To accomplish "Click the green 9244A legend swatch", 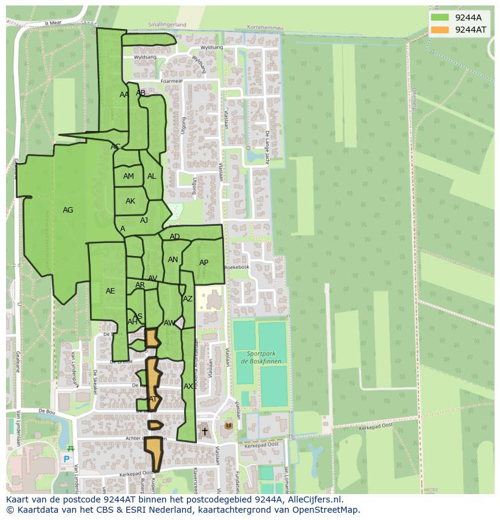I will (x=440, y=18).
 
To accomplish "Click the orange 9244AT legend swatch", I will (x=440, y=30).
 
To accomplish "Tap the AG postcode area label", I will (x=68, y=210).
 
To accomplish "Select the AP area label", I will (x=204, y=263).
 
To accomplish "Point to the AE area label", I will (x=110, y=291).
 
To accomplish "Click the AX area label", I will (x=188, y=387).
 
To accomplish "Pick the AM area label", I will (x=129, y=176).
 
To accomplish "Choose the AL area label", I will (x=152, y=176).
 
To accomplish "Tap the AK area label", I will (x=130, y=201).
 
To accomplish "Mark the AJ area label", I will (x=144, y=220).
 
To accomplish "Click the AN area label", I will (x=173, y=260).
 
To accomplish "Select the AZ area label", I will (x=188, y=299).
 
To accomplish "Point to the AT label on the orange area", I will (x=153, y=399).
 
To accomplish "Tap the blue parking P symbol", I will (x=66, y=459).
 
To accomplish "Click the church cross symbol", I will (x=205, y=431).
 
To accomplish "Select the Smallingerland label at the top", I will (x=167, y=25).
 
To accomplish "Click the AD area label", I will (x=175, y=237).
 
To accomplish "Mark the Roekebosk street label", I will (x=237, y=267).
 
